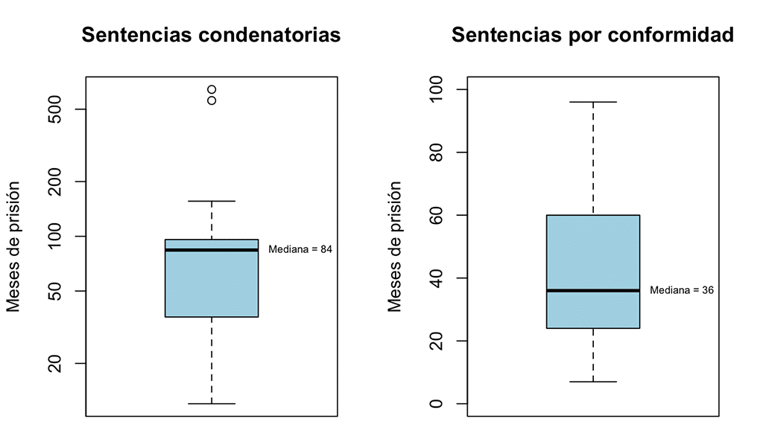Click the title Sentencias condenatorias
pos(211,35)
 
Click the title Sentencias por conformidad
pos(592,35)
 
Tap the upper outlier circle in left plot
pos(212,90)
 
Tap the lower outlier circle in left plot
pos(212,100)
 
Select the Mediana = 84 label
pos(300,250)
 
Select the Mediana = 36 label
pos(682,290)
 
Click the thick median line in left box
pos(212,250)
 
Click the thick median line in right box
pos(593,290)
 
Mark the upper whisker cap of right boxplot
pos(593,102)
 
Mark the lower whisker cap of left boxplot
pos(212,403)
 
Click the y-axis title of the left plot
pos(14,246)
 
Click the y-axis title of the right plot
pos(396,246)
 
